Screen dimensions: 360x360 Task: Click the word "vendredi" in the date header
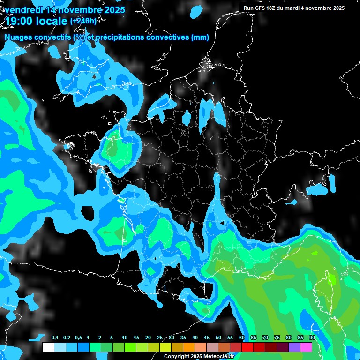21,10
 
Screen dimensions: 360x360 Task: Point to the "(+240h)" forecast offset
83,21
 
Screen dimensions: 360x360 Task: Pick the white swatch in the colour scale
48,347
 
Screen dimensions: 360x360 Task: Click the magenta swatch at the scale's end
306,347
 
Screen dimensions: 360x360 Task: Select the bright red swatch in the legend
247,347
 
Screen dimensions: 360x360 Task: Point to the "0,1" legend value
54,338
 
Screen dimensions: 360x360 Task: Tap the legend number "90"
312,338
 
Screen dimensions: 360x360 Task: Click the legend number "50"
218,338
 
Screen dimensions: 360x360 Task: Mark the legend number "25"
160,338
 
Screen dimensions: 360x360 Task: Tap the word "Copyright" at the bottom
176,356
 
